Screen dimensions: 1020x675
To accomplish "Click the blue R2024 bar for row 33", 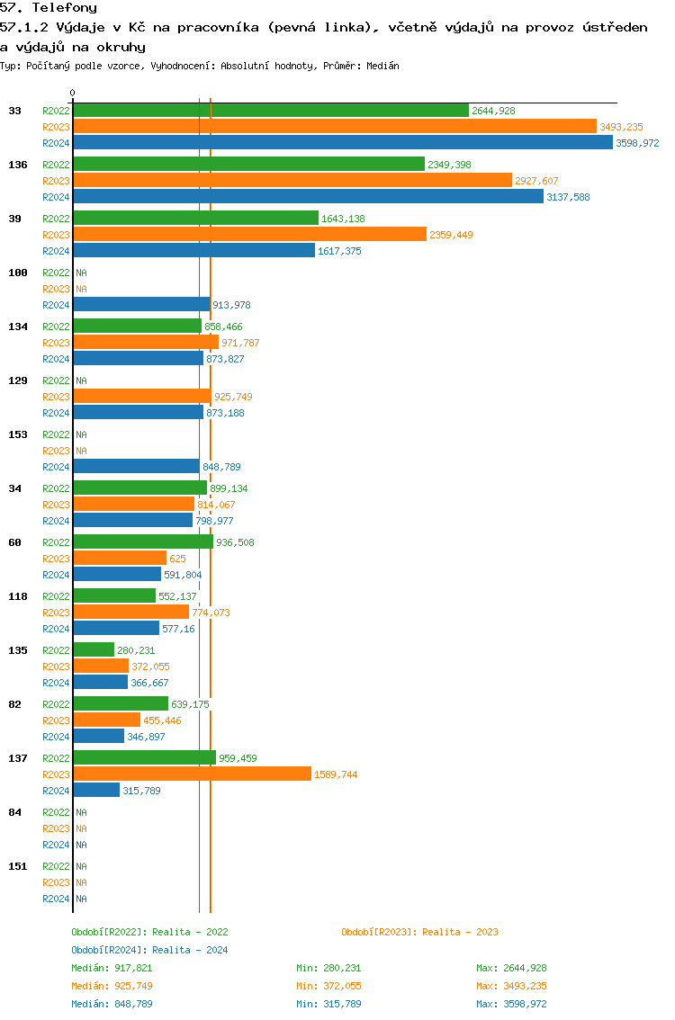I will (x=342, y=143).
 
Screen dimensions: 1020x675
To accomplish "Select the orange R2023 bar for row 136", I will (x=292, y=181).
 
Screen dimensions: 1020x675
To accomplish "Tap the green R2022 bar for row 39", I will (x=195, y=219).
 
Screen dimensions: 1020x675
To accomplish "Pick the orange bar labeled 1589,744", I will (x=192, y=774).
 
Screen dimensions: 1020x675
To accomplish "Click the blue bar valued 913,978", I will (x=141, y=305).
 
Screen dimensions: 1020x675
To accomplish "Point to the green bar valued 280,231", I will (x=94, y=650).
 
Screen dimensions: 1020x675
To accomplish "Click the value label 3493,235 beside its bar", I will (x=621, y=127).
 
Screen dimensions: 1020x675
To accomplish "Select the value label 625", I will (x=177, y=559).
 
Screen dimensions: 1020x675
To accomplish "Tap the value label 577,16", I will (x=178, y=629).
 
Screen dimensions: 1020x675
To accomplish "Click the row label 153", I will (x=17, y=434).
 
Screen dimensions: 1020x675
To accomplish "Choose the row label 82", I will (x=14, y=704).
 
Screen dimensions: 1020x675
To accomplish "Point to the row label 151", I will (x=17, y=866).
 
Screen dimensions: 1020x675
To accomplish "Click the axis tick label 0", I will (x=73, y=93).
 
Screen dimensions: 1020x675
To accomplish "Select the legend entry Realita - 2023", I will (x=419, y=932).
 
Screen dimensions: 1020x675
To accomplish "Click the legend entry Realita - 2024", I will (x=149, y=950).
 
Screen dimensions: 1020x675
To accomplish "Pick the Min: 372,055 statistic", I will (x=328, y=986).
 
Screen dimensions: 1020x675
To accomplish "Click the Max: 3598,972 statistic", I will (x=511, y=1004).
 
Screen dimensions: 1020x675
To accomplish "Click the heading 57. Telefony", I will (x=49, y=8).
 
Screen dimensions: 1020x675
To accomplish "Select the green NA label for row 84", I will (x=81, y=812).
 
